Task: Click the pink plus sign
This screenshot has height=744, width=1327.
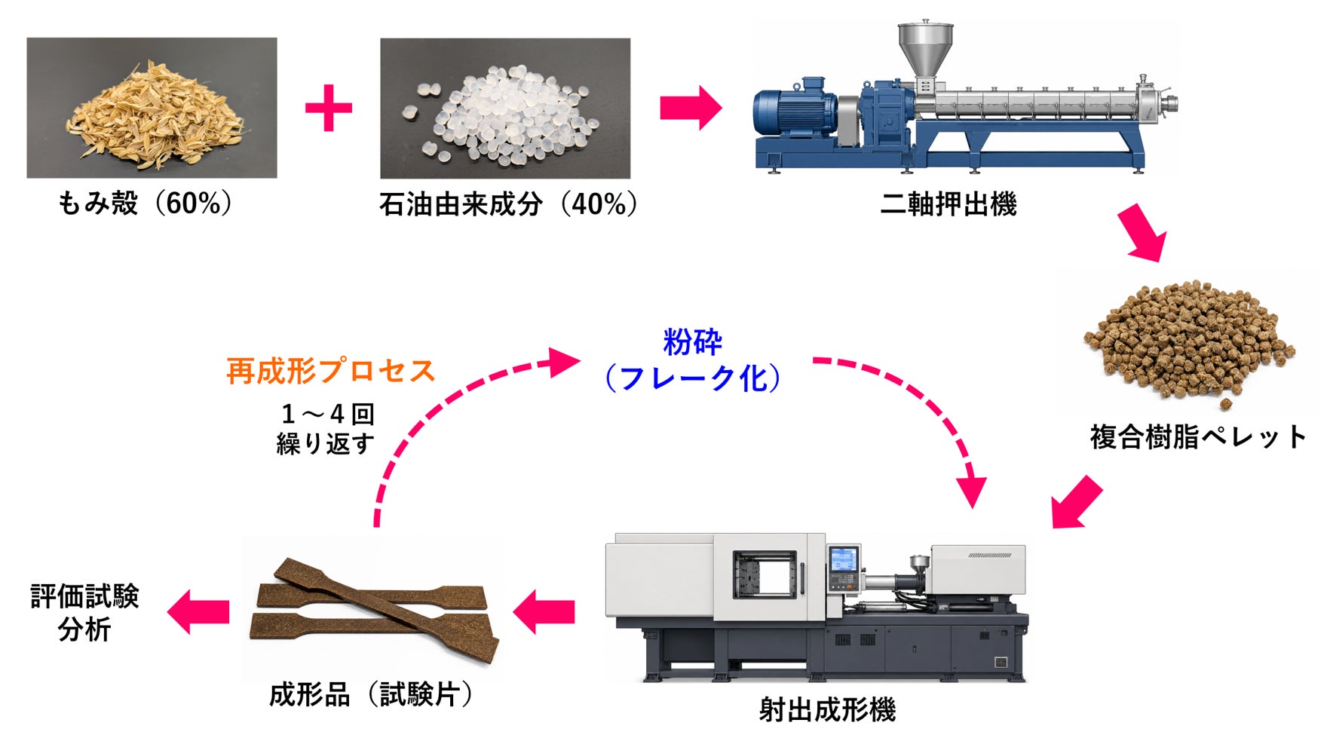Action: click(329, 108)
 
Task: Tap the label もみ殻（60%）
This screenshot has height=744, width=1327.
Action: click(146, 204)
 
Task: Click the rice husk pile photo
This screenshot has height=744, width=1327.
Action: click(152, 108)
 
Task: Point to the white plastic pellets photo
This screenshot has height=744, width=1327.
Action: click(505, 109)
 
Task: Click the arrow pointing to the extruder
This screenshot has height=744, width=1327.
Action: click(691, 108)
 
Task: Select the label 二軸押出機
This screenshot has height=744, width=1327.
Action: click(949, 204)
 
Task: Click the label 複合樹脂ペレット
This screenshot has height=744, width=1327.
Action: click(1198, 437)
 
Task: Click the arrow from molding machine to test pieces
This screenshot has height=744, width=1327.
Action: click(544, 611)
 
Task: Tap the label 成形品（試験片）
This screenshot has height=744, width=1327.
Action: click(370, 694)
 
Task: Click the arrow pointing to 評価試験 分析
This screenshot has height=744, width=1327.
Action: click(198, 611)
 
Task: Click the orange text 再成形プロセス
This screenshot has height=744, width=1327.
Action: click(331, 372)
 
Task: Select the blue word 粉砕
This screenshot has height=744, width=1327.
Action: click(692, 342)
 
